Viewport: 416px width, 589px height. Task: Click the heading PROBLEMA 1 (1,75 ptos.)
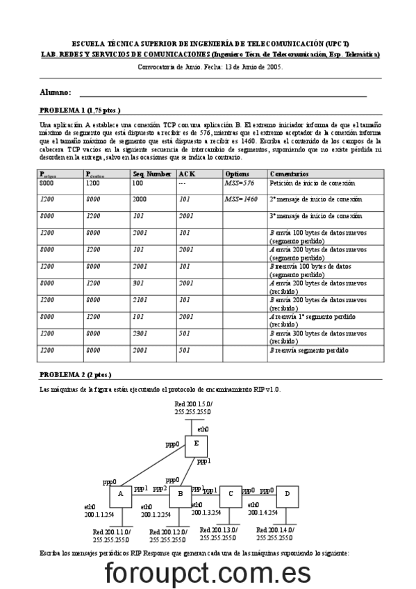[80, 110]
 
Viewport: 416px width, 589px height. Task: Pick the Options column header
[237, 174]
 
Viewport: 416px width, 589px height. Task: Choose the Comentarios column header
[290, 174]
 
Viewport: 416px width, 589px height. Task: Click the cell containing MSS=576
[239, 183]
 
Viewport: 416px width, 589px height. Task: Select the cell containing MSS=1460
[241, 199]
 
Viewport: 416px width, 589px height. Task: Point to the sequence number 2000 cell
[140, 199]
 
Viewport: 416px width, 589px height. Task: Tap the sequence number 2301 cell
[140, 333]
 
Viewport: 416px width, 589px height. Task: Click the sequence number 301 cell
[138, 283]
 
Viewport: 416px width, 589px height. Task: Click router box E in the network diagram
[197, 445]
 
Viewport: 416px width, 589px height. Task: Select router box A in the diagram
[121, 495]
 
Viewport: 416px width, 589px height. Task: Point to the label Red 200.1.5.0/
[194, 404]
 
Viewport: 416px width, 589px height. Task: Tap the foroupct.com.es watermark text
[208, 573]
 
